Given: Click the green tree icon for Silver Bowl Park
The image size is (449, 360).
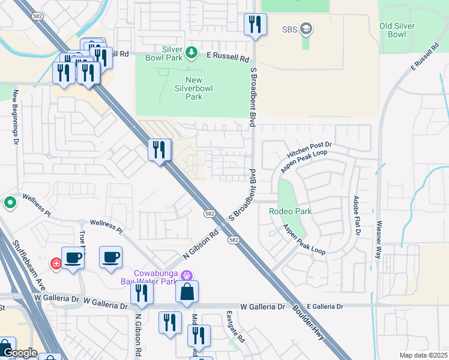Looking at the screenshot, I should point(191,53).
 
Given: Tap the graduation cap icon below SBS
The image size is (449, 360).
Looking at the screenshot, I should point(306,29).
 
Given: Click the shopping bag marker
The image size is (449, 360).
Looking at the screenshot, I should point(187,292).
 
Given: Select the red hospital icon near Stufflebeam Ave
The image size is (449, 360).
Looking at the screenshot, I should point(56,263).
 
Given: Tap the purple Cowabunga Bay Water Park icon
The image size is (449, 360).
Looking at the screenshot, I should point(187,275).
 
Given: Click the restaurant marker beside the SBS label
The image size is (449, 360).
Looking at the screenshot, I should point(255,25).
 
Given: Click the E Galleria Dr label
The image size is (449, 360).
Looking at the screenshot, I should point(322,307).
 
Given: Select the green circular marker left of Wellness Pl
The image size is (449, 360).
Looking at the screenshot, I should point(10,203).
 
